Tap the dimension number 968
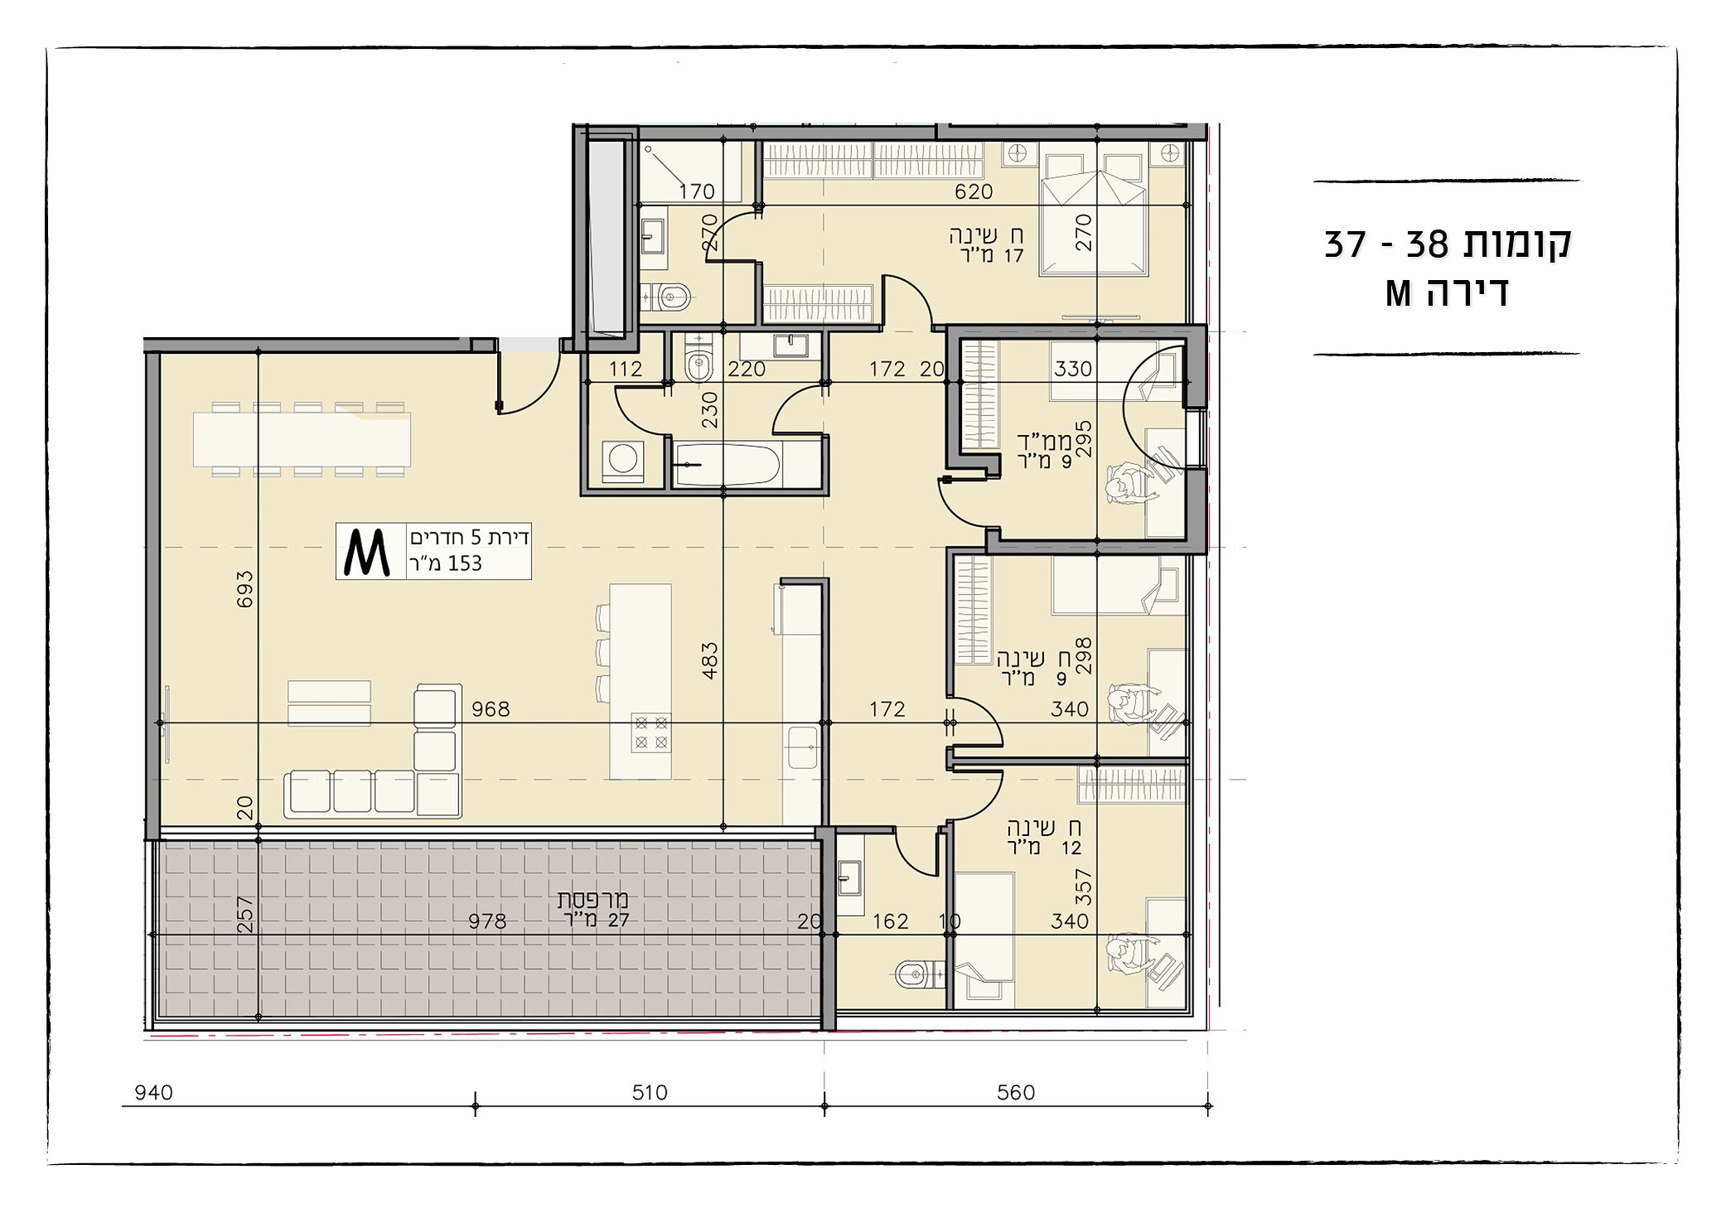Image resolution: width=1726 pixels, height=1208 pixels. pos(491,709)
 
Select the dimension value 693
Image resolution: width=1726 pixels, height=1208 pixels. pos(244,589)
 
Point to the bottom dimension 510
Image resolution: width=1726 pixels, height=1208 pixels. pos(650,1093)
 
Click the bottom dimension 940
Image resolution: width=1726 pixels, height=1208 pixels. pos(153,1093)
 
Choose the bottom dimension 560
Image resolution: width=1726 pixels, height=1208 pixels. pos(1016,1093)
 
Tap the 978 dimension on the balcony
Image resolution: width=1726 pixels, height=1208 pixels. pos(487,921)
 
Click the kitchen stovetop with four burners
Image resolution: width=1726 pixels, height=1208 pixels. pos(650,732)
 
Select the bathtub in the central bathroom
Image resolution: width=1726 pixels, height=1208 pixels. pos(727,465)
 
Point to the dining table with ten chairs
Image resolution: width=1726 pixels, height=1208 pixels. pos(302,439)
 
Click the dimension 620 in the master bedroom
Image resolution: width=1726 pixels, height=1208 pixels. pos(974,191)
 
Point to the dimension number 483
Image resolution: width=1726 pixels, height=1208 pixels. pos(709,661)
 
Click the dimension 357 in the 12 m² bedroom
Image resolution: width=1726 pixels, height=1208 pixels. pos(1084,887)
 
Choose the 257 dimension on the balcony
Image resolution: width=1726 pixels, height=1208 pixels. pos(244,915)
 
